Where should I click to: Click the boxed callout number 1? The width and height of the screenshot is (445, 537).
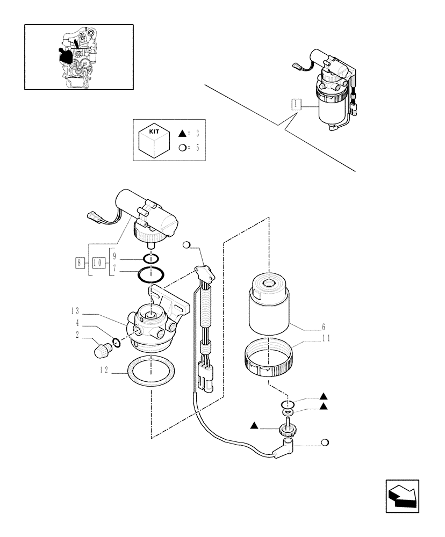295,104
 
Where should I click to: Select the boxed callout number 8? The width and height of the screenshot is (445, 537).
80,263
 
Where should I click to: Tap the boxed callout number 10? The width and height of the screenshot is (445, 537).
98,263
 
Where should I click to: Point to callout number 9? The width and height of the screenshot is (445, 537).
114,257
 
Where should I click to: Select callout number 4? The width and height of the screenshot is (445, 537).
77,323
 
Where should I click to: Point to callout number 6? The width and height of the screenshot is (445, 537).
322,326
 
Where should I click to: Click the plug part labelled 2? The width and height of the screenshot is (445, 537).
100,351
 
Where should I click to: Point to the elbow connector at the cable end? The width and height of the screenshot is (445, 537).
284,449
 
